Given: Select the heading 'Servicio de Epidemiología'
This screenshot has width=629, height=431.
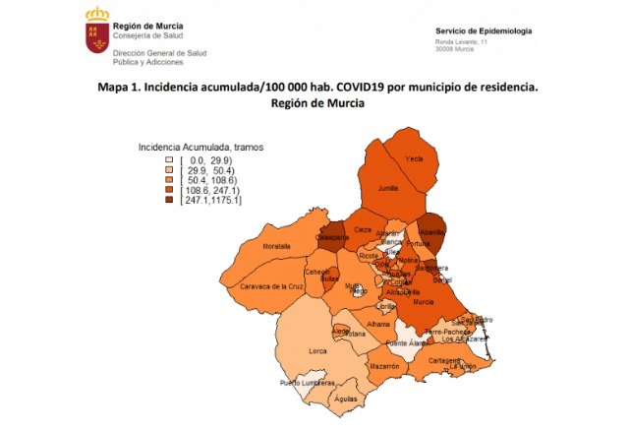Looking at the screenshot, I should click(484, 31).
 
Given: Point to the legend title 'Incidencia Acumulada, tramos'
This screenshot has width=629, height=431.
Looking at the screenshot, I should click(200, 147).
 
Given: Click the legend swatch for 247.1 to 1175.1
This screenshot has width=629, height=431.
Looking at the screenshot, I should click(169, 201).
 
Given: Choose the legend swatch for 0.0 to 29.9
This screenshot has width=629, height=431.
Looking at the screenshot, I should click(169, 158).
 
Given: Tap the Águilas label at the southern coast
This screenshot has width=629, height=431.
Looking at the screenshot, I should click(345, 399).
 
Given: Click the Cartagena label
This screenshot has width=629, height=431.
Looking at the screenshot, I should click(444, 360).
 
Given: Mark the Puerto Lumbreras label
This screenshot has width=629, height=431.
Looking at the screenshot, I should click(307, 383).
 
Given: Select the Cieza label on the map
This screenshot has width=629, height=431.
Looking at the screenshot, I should click(363, 229).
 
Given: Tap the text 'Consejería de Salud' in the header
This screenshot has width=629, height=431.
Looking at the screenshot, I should click(146, 36).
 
